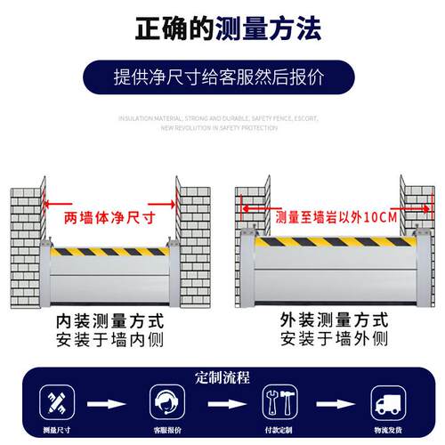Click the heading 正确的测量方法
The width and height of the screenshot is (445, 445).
(222, 29)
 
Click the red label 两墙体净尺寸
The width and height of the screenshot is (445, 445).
(109, 216)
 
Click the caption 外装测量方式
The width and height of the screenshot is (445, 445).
(334, 320)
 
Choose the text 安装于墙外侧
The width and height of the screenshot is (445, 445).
(334, 339)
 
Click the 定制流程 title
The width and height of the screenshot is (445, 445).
(222, 375)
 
